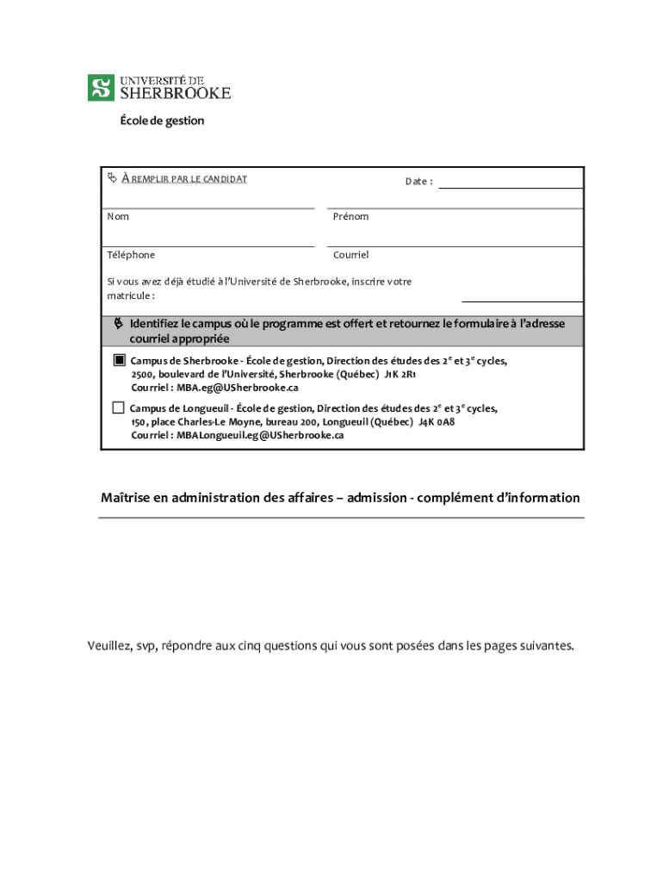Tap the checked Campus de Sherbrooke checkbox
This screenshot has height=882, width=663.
pos(119,360)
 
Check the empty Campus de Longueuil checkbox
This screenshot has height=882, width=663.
pos(119,407)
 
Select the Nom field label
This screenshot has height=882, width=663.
pos(118,216)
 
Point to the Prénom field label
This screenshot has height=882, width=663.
pos(350,216)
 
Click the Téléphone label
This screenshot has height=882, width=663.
pos(131,255)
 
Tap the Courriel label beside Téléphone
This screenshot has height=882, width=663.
pos(350,255)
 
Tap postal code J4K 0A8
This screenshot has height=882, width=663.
pos(437,422)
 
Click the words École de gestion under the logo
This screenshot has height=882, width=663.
pos(162,121)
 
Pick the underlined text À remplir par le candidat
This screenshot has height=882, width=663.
pos(184,179)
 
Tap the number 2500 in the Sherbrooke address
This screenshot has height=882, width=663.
pos(142,375)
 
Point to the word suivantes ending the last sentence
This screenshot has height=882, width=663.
pos(545,645)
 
